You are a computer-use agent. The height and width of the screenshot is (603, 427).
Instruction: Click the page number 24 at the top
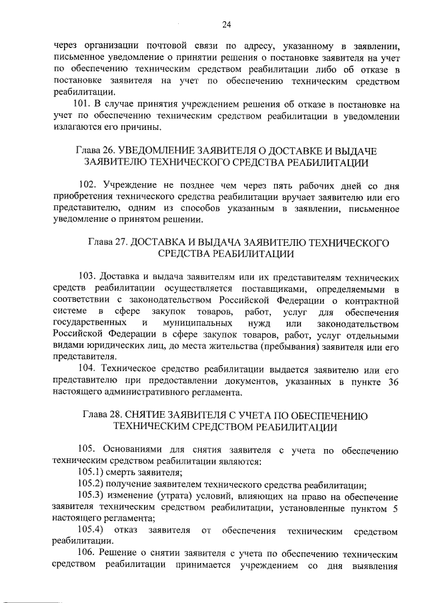(x=226, y=25)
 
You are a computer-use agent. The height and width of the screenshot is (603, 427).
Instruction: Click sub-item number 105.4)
(x=91, y=530)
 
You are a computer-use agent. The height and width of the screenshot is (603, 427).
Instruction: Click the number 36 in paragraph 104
(x=393, y=380)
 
